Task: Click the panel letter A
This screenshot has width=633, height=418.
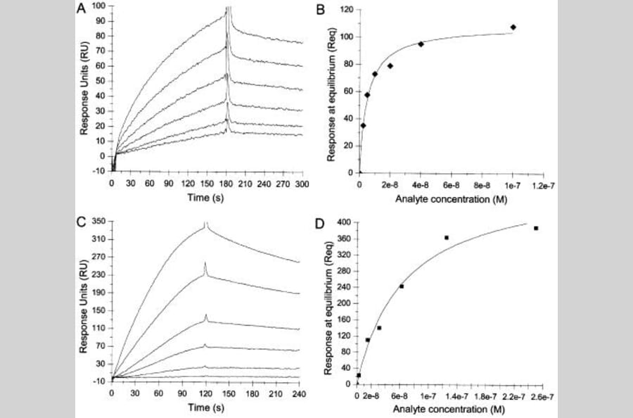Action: (83, 9)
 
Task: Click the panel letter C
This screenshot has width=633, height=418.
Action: (83, 223)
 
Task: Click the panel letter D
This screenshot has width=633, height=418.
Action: (322, 224)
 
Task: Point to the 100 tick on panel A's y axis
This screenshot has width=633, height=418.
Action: (99, 6)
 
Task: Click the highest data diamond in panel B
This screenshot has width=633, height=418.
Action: (513, 27)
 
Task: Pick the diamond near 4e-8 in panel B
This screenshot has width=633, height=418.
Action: (421, 44)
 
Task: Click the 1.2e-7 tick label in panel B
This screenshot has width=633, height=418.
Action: (543, 184)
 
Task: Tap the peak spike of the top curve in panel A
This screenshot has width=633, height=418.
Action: (228, 8)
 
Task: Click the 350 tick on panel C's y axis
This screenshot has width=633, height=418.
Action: (98, 222)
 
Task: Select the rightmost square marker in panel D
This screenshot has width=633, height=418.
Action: (536, 228)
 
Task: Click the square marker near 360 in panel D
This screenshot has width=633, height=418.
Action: (447, 238)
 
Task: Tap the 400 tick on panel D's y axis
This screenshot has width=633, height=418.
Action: (344, 222)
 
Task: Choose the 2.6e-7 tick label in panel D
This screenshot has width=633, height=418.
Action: (542, 396)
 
